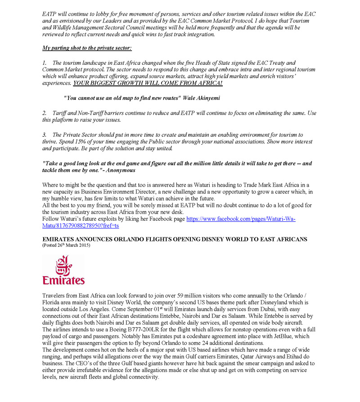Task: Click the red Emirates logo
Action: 63,269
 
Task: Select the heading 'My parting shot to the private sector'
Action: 87,47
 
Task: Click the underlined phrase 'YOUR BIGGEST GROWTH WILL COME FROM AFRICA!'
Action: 148,84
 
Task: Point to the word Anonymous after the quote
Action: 119,170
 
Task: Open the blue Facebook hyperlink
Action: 241,219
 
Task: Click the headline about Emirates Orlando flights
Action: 175,239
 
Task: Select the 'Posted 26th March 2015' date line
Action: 66,246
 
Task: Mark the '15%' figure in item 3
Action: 93,141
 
